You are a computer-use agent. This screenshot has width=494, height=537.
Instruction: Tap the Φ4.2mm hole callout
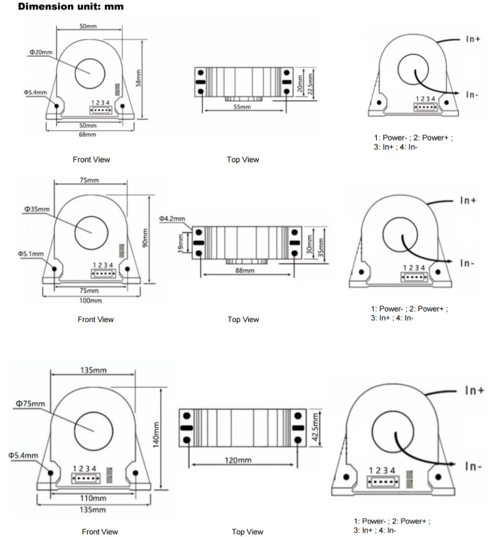[173, 218]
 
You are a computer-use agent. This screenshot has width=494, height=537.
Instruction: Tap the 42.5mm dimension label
[314, 427]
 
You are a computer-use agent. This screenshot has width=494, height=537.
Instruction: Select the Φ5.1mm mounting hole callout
[31, 254]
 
